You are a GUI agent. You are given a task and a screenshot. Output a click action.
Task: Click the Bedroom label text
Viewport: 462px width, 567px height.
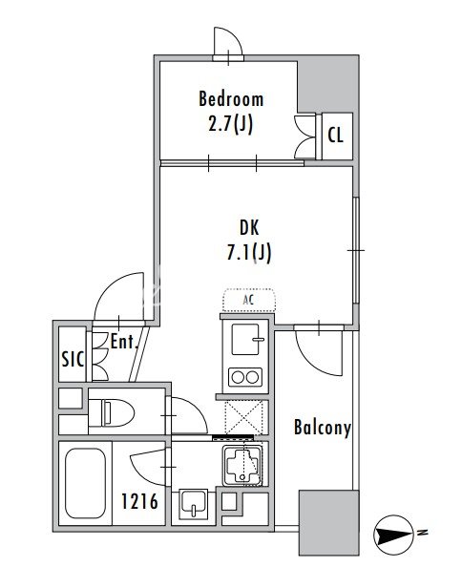[231, 99]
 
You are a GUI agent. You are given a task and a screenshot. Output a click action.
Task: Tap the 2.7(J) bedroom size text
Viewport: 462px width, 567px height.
[231, 124]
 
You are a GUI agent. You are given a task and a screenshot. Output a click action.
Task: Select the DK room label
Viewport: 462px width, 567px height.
[249, 228]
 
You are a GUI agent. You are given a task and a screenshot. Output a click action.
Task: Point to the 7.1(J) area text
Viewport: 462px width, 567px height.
[249, 252]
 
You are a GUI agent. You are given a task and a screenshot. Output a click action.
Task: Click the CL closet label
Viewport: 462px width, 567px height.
[335, 136]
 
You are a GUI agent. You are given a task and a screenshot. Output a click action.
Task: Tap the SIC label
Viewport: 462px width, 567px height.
[73, 359]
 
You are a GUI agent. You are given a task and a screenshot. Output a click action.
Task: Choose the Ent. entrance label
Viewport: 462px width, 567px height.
[124, 341]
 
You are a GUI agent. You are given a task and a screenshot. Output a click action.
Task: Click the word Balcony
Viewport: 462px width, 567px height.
[323, 428]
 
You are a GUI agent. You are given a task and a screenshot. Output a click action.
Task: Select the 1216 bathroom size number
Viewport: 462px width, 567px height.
[139, 501]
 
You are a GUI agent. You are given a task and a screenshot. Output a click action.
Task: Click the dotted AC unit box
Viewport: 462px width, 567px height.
[249, 300]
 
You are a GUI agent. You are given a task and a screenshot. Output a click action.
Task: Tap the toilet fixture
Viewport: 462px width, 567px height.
[111, 412]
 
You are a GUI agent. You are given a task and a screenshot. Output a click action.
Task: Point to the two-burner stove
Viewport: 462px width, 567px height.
[245, 377]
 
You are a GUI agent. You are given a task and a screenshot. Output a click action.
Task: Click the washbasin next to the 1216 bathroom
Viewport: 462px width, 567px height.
[194, 504]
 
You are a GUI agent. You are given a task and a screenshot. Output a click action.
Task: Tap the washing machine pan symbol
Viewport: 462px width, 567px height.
[242, 466]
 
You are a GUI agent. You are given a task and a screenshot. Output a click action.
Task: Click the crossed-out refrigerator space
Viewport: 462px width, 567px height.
[243, 417]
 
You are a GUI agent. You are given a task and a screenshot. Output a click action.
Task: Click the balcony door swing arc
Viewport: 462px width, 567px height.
[311, 362]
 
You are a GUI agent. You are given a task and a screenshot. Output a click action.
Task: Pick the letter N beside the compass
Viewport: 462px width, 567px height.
[422, 533]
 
